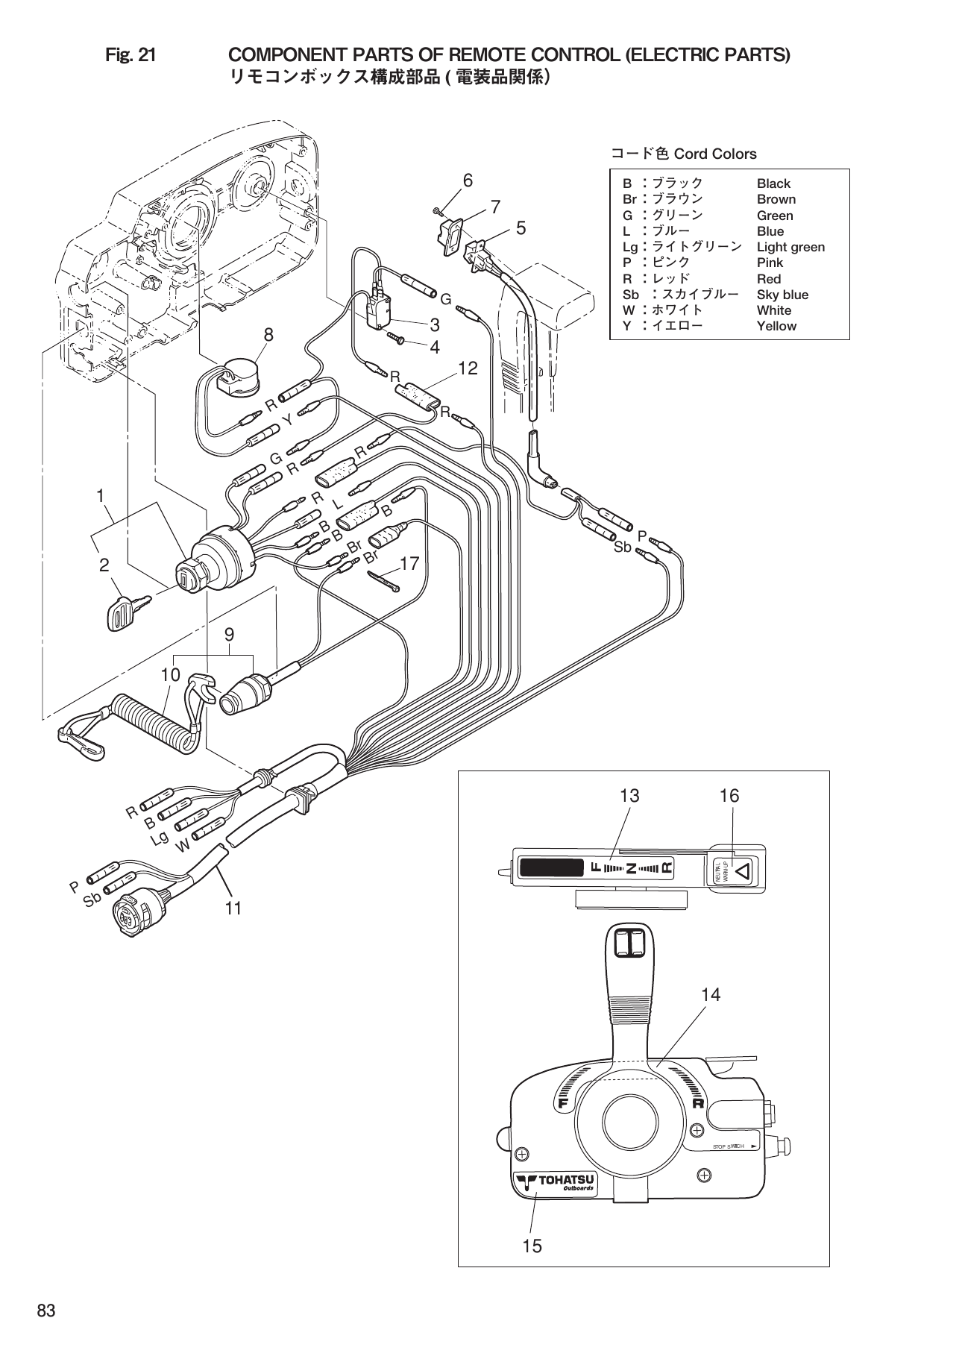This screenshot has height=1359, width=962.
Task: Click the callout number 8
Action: (268, 336)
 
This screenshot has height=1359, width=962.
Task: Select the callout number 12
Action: (468, 368)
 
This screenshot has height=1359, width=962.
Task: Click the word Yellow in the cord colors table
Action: (776, 326)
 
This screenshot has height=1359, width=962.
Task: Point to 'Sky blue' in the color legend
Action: (782, 295)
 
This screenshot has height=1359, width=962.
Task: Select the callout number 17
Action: (410, 564)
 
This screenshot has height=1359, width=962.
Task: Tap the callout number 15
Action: (532, 1246)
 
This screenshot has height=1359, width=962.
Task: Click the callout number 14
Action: (711, 994)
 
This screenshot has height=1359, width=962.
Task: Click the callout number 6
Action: (468, 180)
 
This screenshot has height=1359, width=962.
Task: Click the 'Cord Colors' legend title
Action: (684, 154)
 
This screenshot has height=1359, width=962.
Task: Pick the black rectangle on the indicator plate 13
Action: (551, 868)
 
